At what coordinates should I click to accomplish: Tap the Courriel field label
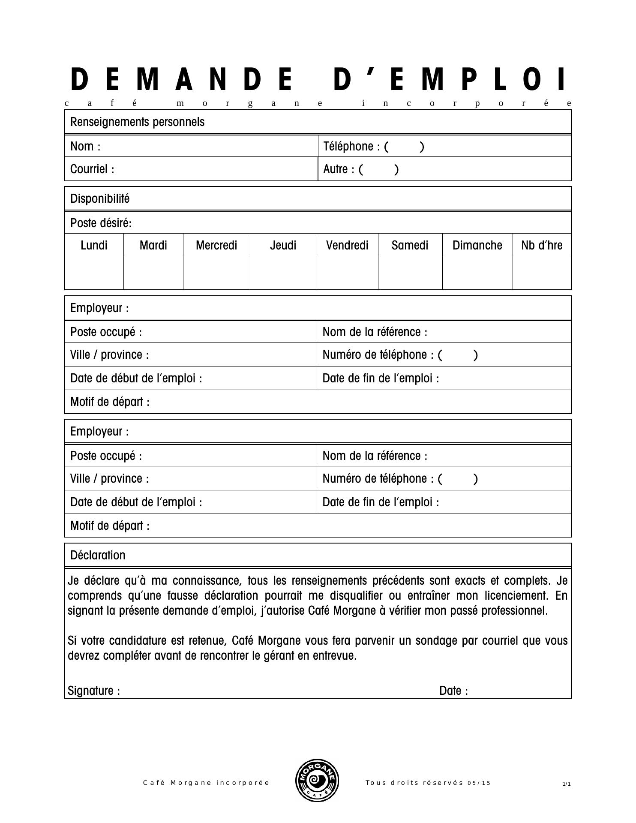click(x=92, y=169)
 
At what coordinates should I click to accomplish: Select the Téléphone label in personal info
click(x=351, y=147)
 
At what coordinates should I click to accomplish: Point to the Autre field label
click(x=339, y=169)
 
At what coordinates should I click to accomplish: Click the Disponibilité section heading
click(x=100, y=199)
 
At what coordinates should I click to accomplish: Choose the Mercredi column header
click(x=216, y=245)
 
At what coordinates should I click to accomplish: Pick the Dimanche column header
click(x=477, y=245)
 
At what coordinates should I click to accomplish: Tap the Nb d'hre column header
click(x=542, y=245)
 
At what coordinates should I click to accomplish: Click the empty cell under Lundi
click(x=94, y=273)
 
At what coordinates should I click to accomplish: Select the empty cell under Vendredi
click(x=347, y=273)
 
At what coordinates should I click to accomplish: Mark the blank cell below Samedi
click(x=410, y=273)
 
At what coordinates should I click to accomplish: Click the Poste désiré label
click(x=101, y=223)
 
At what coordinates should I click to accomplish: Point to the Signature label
click(x=94, y=691)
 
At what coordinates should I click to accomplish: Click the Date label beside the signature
click(x=453, y=691)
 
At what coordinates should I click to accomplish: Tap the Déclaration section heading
click(x=98, y=556)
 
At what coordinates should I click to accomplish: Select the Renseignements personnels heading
click(x=137, y=122)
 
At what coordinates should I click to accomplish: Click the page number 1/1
click(x=567, y=784)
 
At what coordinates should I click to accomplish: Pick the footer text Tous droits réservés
click(x=414, y=783)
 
